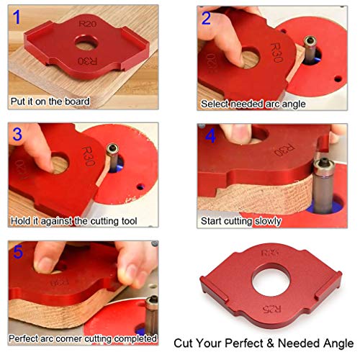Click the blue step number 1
pos(18,19)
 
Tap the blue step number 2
pos(207,18)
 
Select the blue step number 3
pos(18,133)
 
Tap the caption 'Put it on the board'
pos(50,102)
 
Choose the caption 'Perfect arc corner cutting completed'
pos(83,338)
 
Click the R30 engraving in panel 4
pos(273,151)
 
